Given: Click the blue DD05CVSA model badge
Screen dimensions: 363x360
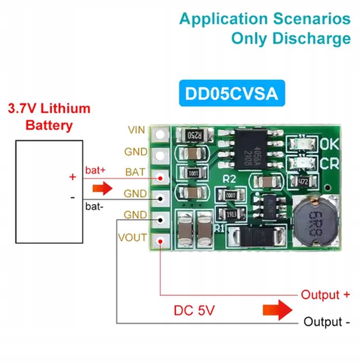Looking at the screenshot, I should point(232,93).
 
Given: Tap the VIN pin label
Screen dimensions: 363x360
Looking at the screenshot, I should point(136,130).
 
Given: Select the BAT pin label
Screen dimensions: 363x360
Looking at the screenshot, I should point(135,172).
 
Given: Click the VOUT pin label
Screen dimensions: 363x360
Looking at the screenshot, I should point(132,237).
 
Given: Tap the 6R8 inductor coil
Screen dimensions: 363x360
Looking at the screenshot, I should point(315,220).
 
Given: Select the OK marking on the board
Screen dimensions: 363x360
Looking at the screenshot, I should point(329,144).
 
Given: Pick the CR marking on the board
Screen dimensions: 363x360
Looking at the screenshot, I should point(329,164).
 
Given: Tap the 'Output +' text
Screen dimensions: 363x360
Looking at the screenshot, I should point(325,295).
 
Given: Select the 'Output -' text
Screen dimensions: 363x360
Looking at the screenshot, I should point(327,322).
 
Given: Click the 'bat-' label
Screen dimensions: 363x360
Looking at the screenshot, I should point(94,207).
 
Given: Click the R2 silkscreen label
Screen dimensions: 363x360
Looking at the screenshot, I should point(229,179).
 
